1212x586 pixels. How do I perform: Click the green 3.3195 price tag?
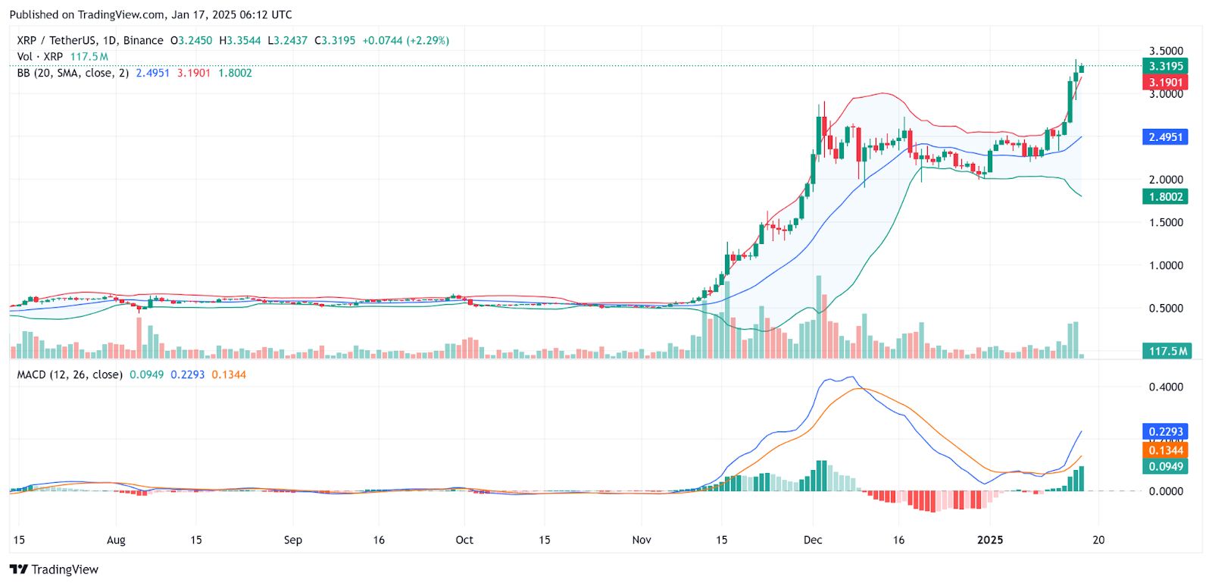click(x=1165, y=66)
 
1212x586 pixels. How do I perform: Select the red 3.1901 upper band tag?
click(x=1165, y=83)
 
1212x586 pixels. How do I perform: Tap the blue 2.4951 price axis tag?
click(x=1165, y=137)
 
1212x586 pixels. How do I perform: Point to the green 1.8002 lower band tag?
click(x=1165, y=197)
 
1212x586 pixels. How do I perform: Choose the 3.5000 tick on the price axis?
click(x=1166, y=52)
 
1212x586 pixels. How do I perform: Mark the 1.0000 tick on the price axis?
click(x=1166, y=265)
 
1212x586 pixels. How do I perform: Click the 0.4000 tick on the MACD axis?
click(x=1166, y=387)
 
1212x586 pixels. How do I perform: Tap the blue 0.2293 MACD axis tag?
click(x=1165, y=431)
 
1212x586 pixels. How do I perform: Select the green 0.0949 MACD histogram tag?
click(x=1165, y=466)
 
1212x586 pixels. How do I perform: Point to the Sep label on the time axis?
click(x=292, y=540)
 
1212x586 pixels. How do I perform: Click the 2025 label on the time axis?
click(x=989, y=540)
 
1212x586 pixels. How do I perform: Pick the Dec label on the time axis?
click(x=813, y=540)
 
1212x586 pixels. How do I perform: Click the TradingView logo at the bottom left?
click(x=55, y=569)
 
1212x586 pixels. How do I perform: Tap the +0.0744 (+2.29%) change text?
click(x=405, y=40)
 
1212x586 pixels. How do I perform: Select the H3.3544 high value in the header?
click(x=239, y=40)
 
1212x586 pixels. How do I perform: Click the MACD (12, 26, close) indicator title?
click(x=70, y=374)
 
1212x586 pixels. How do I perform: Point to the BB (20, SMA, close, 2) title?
click(x=73, y=73)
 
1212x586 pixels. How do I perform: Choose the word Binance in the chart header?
click(x=143, y=40)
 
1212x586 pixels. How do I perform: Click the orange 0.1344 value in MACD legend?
click(x=229, y=374)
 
